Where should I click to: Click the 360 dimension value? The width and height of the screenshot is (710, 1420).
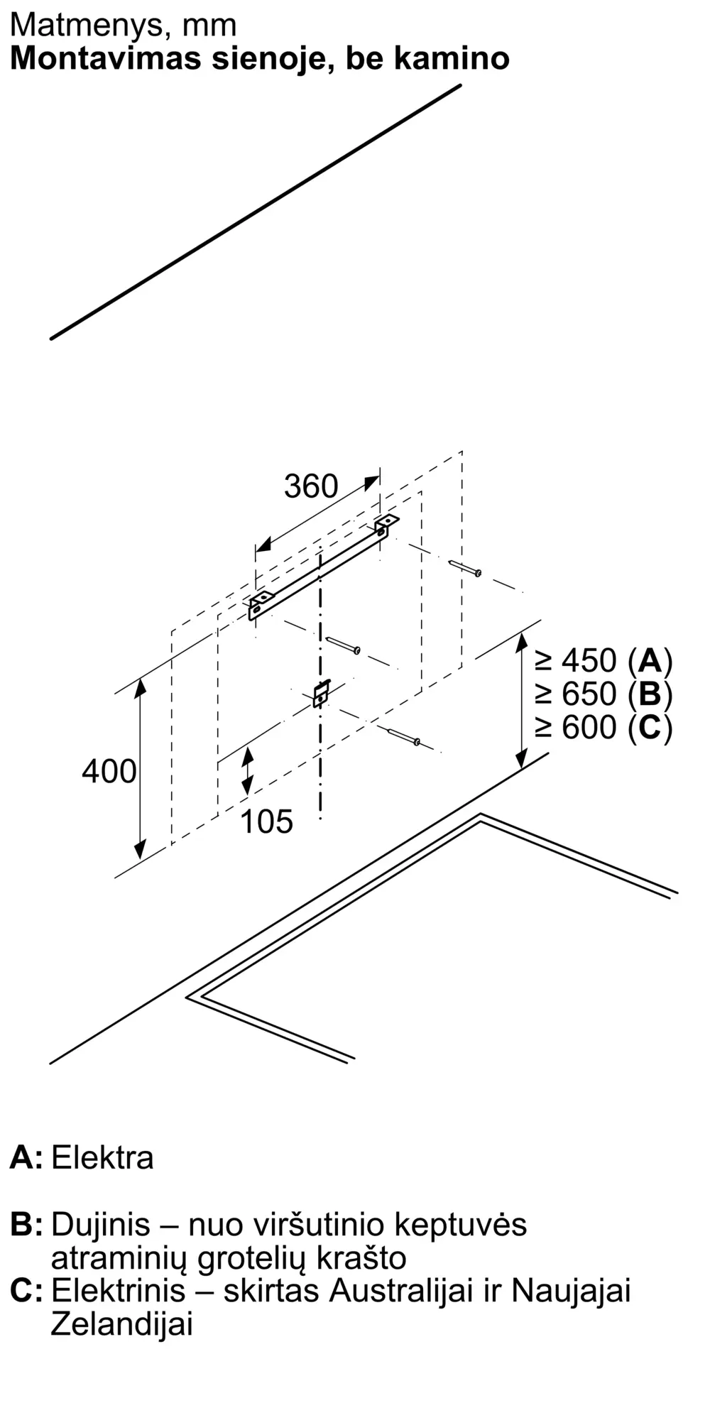click(311, 487)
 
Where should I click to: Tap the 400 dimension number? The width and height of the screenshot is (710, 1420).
click(109, 771)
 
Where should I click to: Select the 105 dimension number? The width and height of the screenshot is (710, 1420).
click(266, 821)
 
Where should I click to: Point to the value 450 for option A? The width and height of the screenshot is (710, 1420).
click(589, 661)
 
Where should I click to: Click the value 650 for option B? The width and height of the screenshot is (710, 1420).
click(589, 694)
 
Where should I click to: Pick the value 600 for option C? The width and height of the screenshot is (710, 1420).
click(589, 727)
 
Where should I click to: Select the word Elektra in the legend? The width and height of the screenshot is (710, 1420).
click(102, 1158)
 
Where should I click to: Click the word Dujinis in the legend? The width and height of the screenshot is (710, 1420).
click(101, 1225)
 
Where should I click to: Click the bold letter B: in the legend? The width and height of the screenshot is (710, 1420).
click(26, 1225)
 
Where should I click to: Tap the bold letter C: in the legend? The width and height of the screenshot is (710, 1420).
click(26, 1290)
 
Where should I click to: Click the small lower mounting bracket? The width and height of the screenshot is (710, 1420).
click(322, 693)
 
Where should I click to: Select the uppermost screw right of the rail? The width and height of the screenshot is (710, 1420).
click(466, 568)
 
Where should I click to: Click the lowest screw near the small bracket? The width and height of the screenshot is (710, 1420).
click(404, 736)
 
